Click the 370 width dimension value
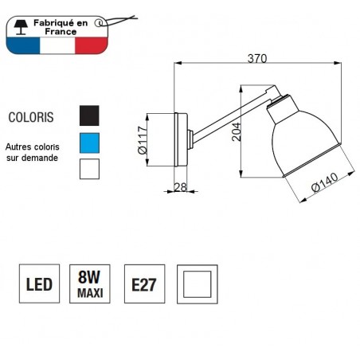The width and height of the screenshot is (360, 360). coord(257,58)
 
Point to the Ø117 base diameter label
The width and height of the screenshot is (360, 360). coord(143,140)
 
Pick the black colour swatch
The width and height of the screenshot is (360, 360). coord(89,116)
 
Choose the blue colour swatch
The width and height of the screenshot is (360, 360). coord(89,143)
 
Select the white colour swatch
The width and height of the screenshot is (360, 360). coord(89,170)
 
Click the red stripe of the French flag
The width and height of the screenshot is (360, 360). coord(92,45)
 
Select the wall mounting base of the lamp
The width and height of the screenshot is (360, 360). coord(180,140)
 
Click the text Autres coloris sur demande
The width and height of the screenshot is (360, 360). coord(32,153)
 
